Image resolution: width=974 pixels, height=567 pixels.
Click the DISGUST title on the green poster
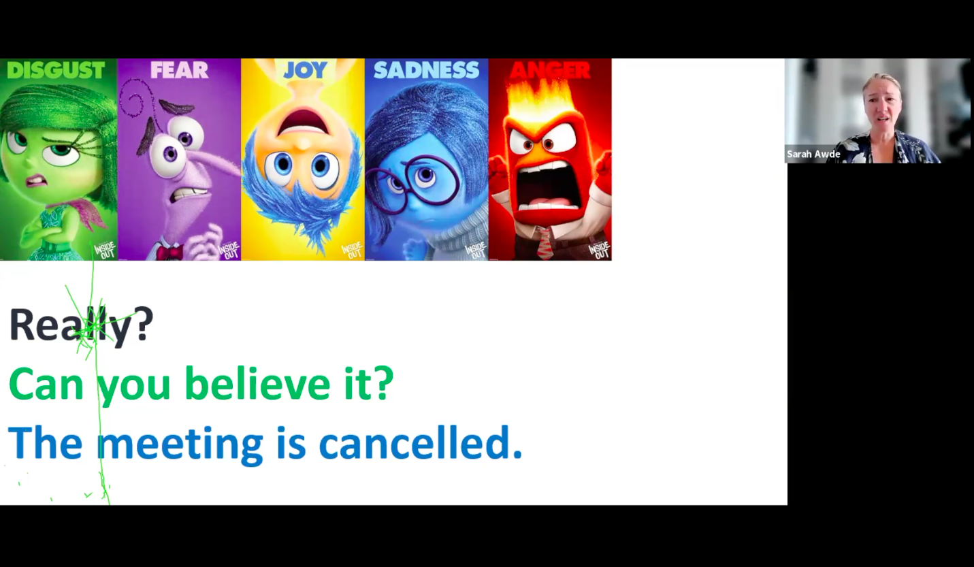pos(56,70)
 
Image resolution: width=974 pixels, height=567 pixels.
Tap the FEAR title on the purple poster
pos(179,70)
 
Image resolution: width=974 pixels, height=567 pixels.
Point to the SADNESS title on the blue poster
pos(426,70)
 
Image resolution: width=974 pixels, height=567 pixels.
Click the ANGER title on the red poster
pos(550,70)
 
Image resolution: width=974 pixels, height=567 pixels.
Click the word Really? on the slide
pos(81,325)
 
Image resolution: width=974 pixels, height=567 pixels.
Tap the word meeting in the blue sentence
pos(179,444)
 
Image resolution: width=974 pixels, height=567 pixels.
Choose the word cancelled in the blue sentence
pos(420,443)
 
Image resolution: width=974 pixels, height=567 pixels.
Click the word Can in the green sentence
pos(46,385)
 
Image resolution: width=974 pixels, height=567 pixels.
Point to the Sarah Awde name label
pos(813,155)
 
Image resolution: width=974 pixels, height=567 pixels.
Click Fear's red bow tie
pos(169,253)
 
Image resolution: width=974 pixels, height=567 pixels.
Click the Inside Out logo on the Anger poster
pos(599,249)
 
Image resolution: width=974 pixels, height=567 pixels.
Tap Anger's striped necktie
pos(545,246)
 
